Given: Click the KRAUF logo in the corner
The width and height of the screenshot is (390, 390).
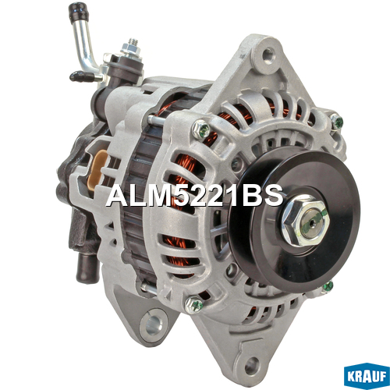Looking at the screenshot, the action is (367, 376).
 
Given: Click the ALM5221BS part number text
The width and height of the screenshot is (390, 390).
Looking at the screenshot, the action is (194, 196).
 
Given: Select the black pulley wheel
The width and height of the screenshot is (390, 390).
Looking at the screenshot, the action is (295, 218).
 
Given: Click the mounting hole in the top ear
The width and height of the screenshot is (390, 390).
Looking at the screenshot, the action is (268, 54).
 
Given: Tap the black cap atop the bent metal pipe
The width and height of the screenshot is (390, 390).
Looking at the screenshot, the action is (79, 12).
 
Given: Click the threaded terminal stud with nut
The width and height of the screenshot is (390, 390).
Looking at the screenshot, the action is (131, 48).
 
